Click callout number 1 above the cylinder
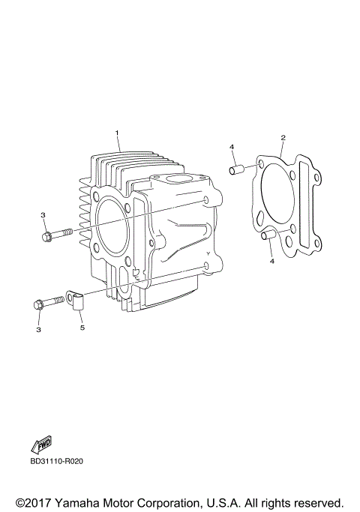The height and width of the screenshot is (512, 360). (117, 133)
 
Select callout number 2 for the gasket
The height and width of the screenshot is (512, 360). (283, 137)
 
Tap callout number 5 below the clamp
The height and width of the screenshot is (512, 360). (83, 328)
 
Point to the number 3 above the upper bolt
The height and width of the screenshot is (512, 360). (43, 215)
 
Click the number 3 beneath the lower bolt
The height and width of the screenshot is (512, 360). (38, 328)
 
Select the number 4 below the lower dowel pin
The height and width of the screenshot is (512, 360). (272, 262)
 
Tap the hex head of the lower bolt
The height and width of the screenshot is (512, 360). (38, 304)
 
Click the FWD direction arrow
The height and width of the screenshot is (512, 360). (42, 445)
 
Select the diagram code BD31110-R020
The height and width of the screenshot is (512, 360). (57, 461)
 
